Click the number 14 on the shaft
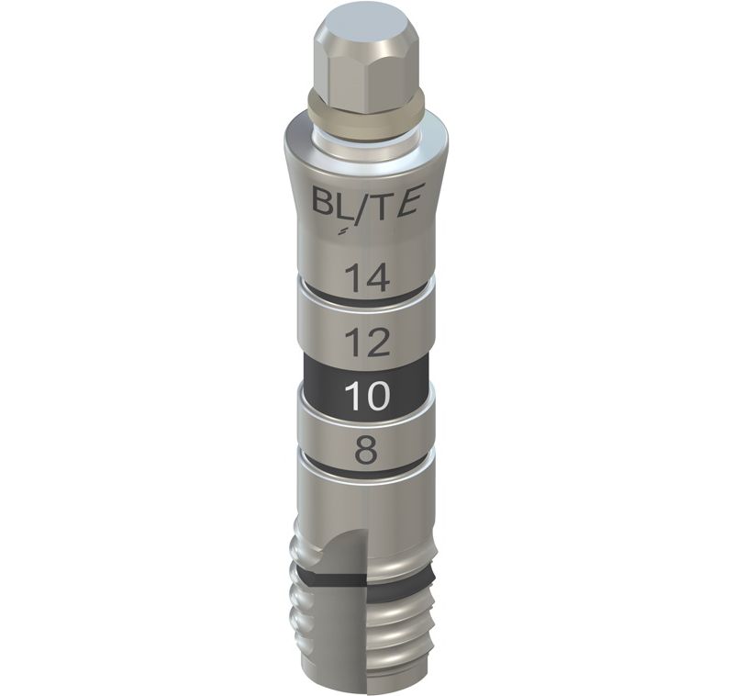pos(368,277)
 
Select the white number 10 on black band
pos(367,397)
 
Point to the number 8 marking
pos(366,450)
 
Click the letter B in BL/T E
pos(324,202)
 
